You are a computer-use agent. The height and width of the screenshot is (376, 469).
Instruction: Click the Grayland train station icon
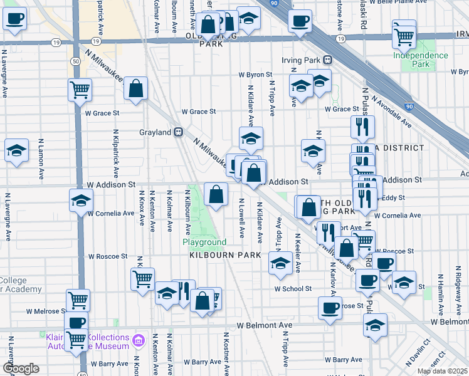[179, 132]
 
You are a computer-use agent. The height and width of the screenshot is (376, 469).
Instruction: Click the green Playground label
[204, 242]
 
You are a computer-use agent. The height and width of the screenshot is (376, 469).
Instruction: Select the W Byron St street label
[254, 75]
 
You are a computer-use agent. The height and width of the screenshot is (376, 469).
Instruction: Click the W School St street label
[293, 289]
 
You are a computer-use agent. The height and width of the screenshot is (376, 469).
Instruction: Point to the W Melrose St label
[46, 311]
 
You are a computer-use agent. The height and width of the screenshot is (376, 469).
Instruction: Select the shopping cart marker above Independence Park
[404, 36]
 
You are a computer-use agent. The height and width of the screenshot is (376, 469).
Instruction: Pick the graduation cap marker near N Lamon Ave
[16, 151]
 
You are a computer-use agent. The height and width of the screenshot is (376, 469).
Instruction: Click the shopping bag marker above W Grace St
[135, 90]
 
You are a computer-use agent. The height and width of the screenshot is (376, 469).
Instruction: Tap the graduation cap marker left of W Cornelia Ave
[80, 202]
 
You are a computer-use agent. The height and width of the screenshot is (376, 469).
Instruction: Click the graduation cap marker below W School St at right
[375, 326]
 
